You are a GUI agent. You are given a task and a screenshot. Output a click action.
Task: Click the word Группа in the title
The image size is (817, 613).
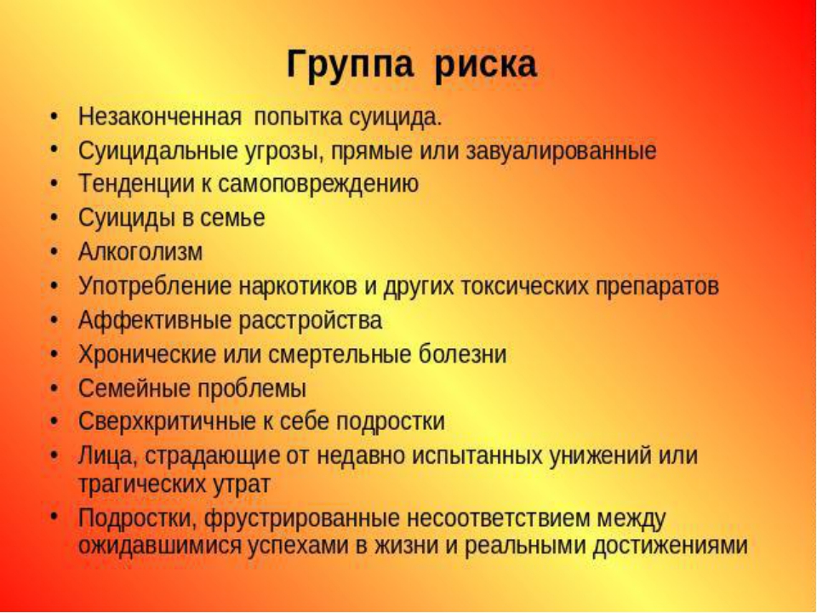pyautogui.click(x=350, y=66)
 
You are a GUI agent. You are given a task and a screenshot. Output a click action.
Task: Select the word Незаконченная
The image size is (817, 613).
pyautogui.click(x=160, y=117)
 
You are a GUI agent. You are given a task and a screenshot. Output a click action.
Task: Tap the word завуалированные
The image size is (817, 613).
pyautogui.click(x=561, y=152)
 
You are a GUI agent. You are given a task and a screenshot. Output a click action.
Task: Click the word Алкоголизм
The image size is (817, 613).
pyautogui.click(x=140, y=252)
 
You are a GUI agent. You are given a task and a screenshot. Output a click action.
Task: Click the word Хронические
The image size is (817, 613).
pyautogui.click(x=147, y=354)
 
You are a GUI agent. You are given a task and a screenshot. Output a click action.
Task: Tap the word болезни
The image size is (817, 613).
pyautogui.click(x=462, y=354)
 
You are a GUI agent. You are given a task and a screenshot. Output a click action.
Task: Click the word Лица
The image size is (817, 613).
pyautogui.click(x=108, y=456)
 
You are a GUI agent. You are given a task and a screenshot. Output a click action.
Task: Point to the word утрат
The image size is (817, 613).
pyautogui.click(x=241, y=484)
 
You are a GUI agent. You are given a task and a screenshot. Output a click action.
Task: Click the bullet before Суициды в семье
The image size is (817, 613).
pyautogui.click(x=54, y=217)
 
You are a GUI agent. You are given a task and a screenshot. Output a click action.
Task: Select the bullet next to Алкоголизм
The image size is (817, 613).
pyautogui.click(x=54, y=252)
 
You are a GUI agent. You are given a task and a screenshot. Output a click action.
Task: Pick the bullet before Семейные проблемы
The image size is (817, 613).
pyautogui.click(x=54, y=388)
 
